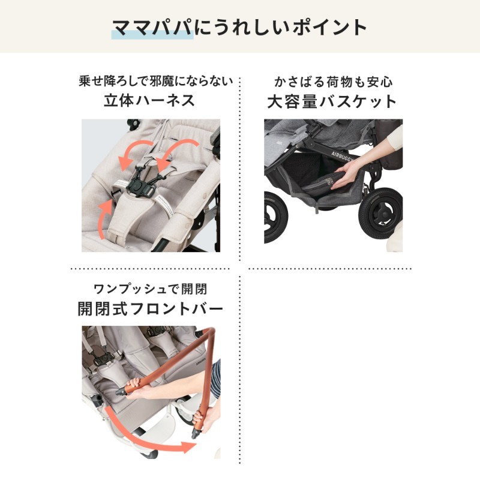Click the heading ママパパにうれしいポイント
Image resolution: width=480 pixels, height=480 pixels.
239,28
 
